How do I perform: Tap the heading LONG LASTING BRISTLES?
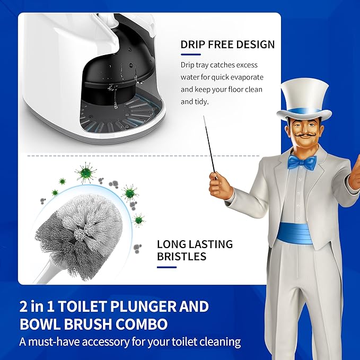point(195,251)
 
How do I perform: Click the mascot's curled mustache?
point(302,143)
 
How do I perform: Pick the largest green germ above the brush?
point(84,171)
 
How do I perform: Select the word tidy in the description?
point(204,101)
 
